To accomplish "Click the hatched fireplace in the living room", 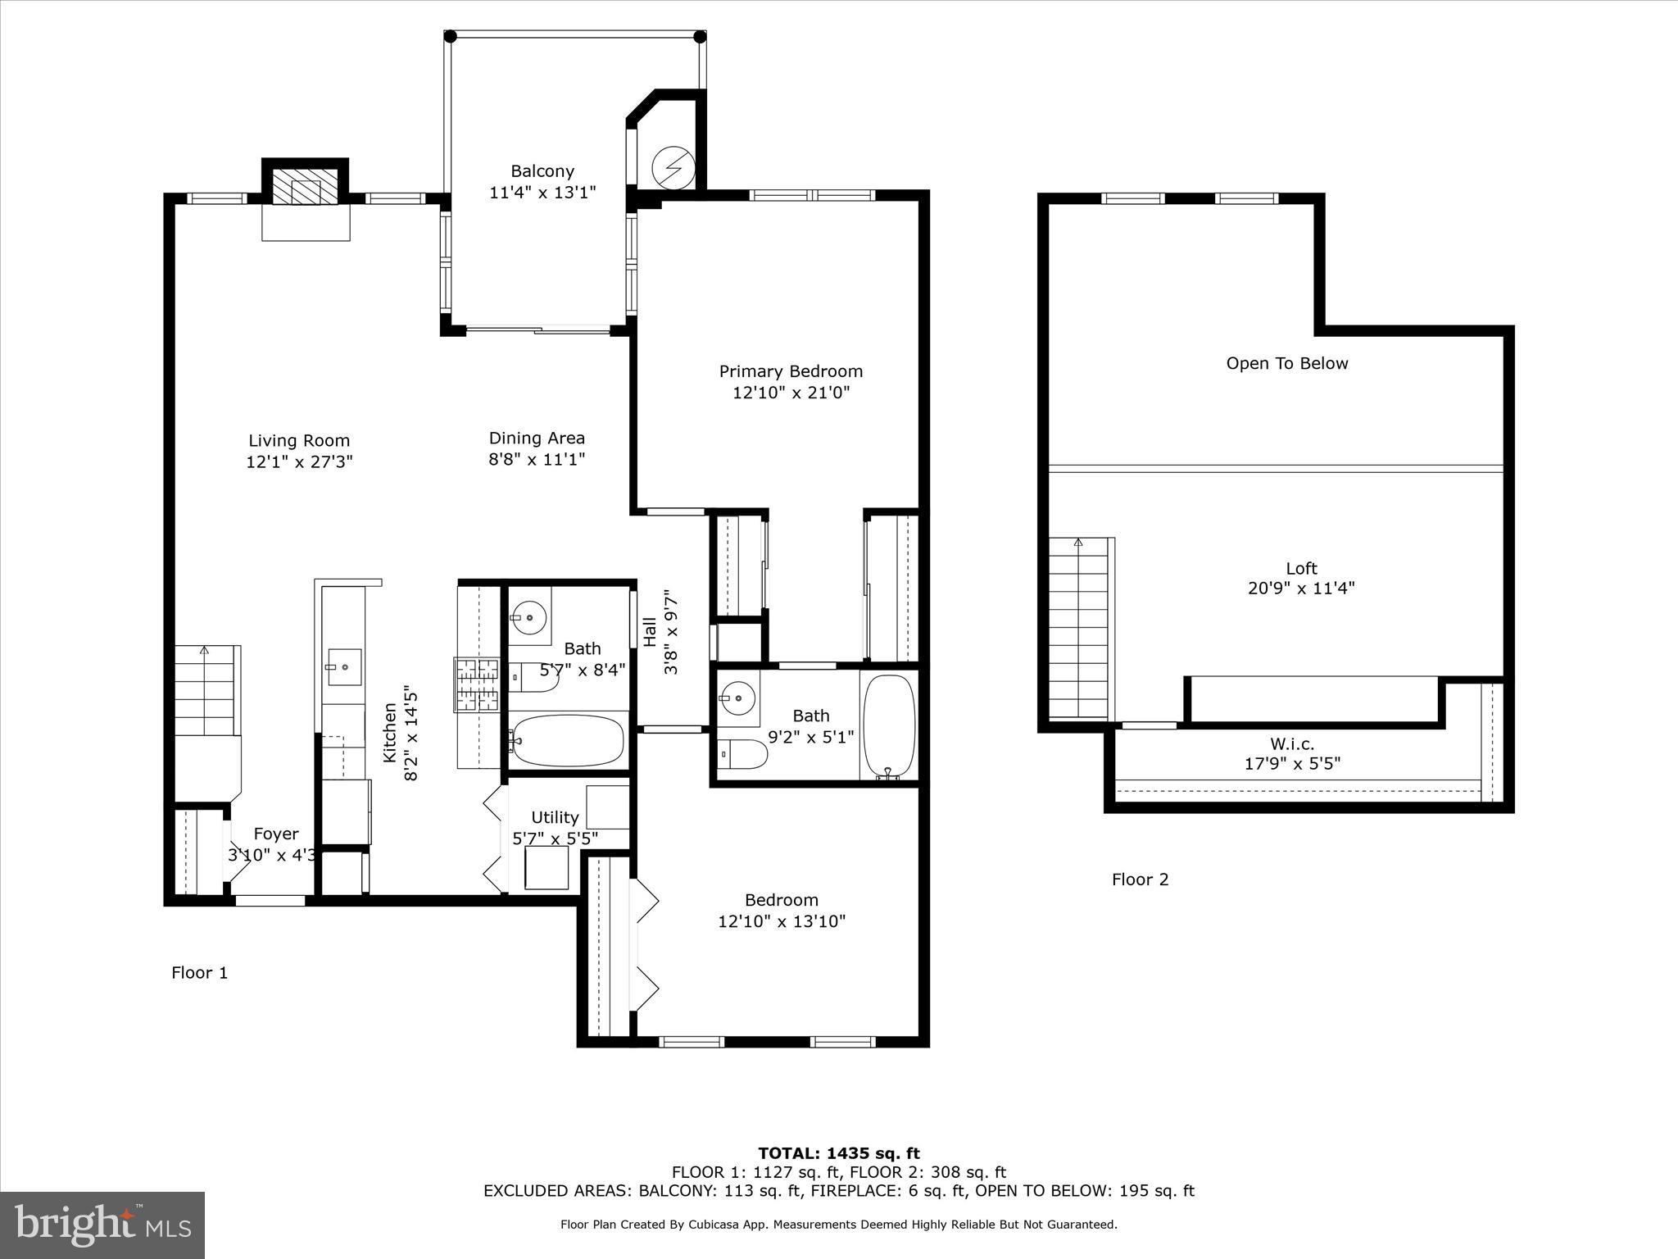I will click(305, 188).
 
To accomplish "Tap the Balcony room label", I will click(542, 171).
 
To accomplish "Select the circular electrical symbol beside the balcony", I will click(673, 168).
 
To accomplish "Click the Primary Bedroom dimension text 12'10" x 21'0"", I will click(791, 393).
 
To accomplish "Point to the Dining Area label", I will click(537, 439).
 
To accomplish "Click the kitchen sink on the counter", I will click(344, 667).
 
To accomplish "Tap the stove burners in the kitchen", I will click(478, 684).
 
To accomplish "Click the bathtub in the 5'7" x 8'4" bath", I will click(566, 741).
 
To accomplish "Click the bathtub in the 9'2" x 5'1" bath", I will click(888, 725).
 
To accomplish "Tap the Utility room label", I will click(555, 817).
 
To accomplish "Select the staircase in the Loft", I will click(1078, 627).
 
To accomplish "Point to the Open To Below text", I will click(1286, 363).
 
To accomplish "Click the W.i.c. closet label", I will click(1292, 744).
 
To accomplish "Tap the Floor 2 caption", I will click(1140, 879).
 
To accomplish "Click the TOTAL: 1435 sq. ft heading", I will click(838, 1153).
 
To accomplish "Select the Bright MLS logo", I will click(102, 1225).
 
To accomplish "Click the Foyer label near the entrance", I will click(275, 834).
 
